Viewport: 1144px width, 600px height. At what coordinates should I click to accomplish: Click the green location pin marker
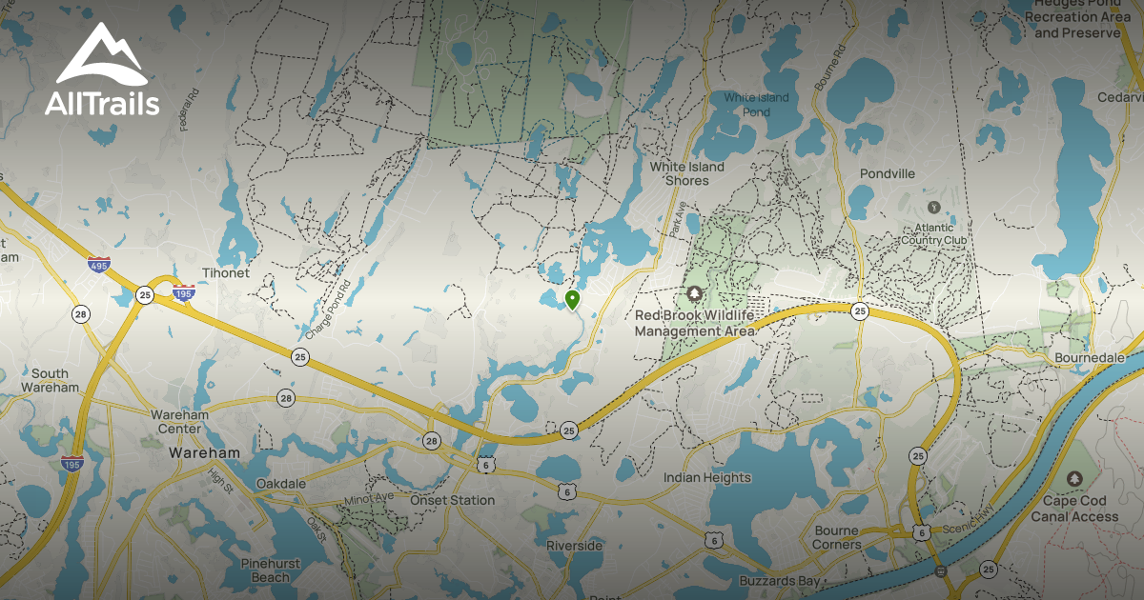(x=572, y=301)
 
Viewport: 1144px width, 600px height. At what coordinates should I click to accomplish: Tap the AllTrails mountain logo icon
(x=101, y=54)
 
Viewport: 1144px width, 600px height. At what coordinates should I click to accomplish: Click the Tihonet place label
(x=225, y=273)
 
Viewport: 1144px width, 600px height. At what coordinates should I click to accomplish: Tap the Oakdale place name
(x=281, y=483)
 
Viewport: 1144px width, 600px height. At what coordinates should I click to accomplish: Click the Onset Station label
(x=453, y=500)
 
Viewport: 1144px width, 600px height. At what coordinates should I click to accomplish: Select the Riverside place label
(x=574, y=546)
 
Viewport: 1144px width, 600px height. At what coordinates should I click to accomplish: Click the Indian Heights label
(x=707, y=477)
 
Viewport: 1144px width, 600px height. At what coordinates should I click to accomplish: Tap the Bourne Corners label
(x=838, y=538)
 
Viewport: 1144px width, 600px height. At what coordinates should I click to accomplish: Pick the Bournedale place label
(x=1090, y=357)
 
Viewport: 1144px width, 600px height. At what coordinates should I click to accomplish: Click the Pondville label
(x=888, y=174)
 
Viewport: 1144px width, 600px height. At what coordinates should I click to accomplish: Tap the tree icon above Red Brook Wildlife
(x=694, y=292)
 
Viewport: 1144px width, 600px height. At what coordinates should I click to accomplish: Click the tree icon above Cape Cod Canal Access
(x=1074, y=478)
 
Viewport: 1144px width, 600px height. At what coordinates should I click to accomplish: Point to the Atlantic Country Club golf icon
(x=933, y=207)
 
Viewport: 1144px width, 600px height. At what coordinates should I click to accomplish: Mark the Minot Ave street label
(x=369, y=499)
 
